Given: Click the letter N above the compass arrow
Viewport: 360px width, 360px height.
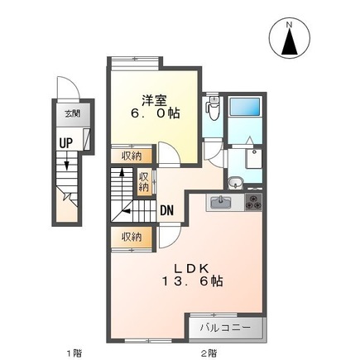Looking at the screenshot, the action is (x=290, y=25).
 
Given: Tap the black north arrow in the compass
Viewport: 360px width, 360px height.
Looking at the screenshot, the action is (x=290, y=41).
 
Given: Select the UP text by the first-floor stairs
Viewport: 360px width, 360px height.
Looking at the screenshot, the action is (x=66, y=143).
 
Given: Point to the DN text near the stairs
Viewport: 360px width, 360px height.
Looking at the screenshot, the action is (x=167, y=211).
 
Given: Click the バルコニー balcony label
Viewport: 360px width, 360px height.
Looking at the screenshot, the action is (x=225, y=328).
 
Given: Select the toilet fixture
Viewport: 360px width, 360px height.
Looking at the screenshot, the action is (x=213, y=108).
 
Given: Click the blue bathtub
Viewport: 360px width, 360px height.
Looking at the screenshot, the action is (x=245, y=107).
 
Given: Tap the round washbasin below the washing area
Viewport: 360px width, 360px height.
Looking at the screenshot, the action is (x=235, y=183).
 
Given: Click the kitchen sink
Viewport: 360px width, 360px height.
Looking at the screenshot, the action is (x=221, y=203).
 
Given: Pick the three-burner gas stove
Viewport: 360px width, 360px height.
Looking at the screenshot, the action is (x=253, y=202).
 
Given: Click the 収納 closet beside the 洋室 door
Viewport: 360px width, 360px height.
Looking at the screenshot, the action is (x=132, y=156).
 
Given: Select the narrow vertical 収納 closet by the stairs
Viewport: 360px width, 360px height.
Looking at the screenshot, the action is (x=144, y=182).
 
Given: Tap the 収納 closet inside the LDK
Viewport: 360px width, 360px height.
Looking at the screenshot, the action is (x=132, y=237).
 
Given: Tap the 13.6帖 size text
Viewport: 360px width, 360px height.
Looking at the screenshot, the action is (x=192, y=281).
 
